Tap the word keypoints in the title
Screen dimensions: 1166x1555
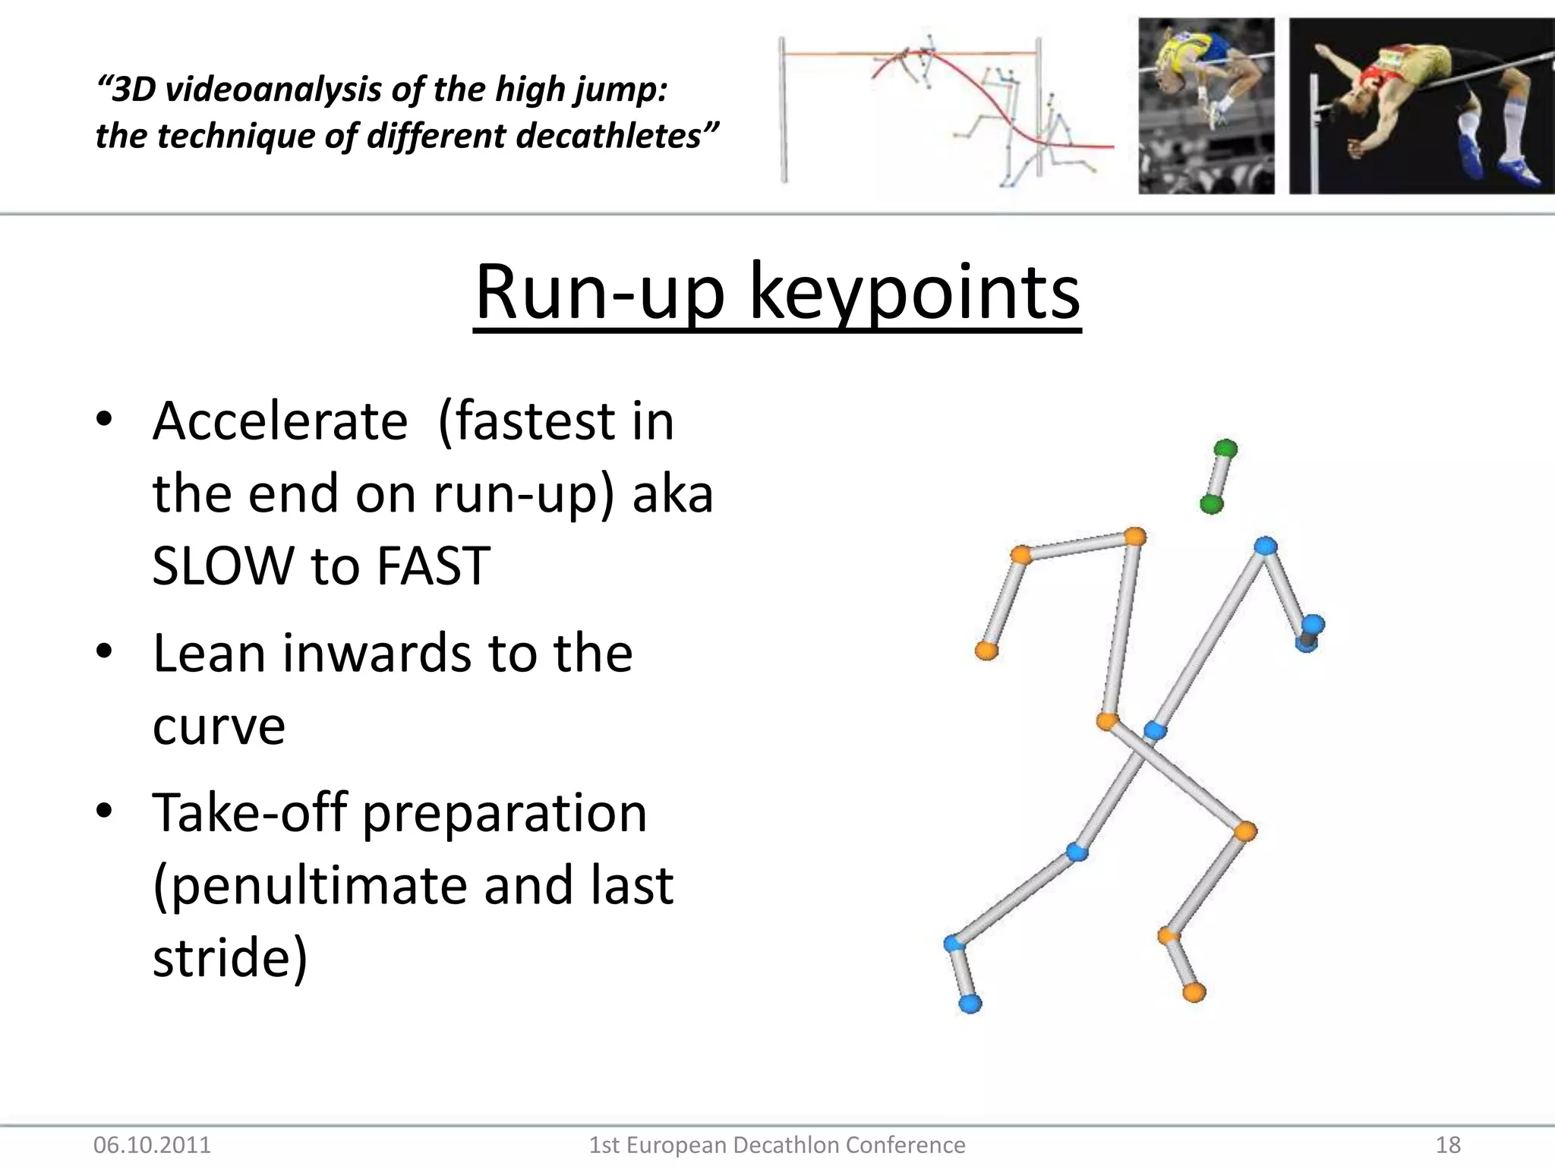tap(914, 293)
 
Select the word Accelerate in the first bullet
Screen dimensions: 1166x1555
tap(280, 421)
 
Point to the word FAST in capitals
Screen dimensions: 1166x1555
tap(434, 566)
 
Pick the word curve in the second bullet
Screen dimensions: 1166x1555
tap(219, 726)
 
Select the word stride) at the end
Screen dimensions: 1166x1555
tap(230, 958)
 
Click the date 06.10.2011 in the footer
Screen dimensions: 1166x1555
tap(152, 1145)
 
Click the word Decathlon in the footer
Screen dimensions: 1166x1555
tap(784, 1145)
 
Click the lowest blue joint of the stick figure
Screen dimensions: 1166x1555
tap(970, 1004)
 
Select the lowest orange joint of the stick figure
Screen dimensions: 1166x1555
tap(1194, 991)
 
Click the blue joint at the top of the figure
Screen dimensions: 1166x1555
tap(1265, 546)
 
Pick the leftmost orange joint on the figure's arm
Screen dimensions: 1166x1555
tap(986, 650)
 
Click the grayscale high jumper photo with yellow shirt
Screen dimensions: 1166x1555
tap(1206, 106)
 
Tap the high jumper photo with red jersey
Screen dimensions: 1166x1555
tap(1421, 106)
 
